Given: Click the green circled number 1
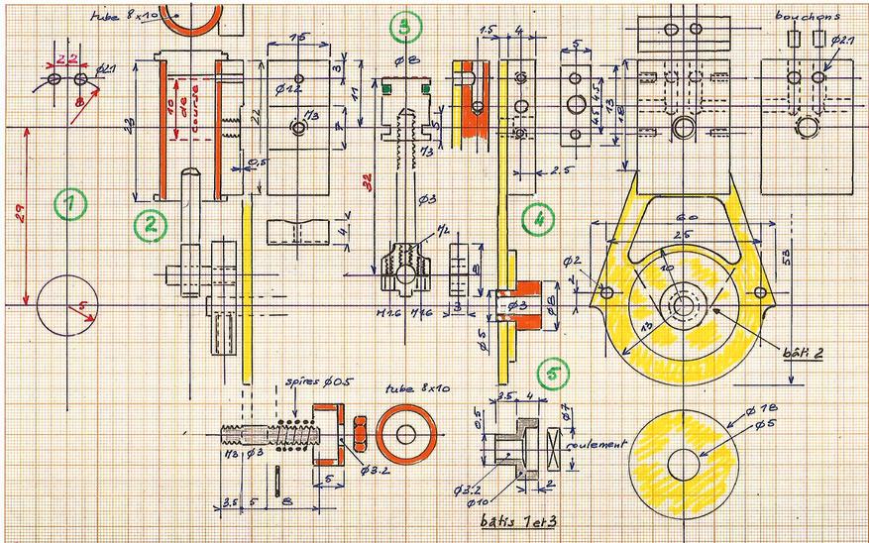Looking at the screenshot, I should pos(69,205).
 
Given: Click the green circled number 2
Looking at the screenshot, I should pos(149,225).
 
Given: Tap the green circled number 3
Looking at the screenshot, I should pos(402,28).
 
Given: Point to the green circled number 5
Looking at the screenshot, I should pos(551,375).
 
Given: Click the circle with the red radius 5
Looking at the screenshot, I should pos(65,307).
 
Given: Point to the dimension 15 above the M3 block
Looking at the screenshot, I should pos(296,38).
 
